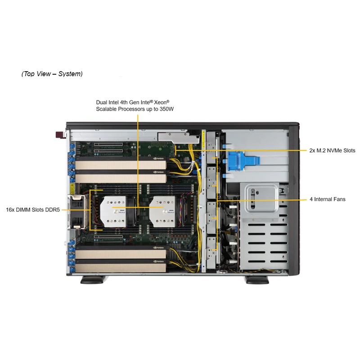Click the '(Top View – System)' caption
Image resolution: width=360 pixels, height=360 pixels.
tap(52, 74)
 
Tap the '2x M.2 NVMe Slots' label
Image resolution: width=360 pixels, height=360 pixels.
tap(332, 151)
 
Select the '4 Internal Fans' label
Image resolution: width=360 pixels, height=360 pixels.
tap(328, 199)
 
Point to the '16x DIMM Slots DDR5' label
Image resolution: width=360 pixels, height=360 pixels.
tap(33, 210)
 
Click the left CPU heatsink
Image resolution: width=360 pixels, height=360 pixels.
tap(113, 211)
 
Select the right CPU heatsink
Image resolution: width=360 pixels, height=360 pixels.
tap(163, 211)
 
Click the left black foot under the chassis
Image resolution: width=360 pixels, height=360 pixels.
tap(92, 280)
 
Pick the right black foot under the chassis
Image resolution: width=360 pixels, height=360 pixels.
tap(257, 280)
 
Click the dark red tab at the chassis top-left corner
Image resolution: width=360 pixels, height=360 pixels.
tap(61, 135)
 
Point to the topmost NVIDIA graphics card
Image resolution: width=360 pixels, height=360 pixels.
tap(121, 163)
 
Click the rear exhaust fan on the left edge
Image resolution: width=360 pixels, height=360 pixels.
tap(77, 211)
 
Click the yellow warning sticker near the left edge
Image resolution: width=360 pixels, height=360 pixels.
tap(72, 188)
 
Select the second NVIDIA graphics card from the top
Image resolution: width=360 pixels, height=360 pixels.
tap(121, 176)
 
